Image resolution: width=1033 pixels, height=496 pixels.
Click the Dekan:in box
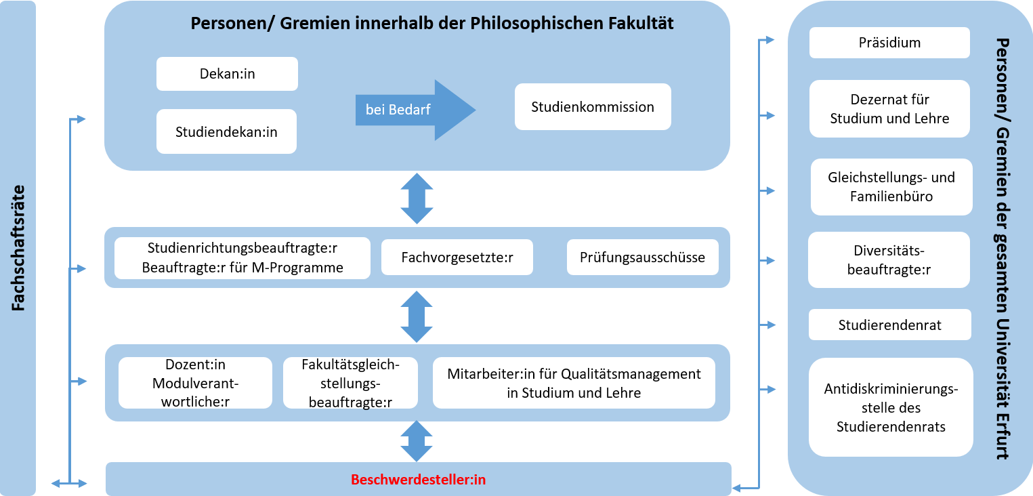coord(227,74)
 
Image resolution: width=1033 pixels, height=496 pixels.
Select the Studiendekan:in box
coord(226,131)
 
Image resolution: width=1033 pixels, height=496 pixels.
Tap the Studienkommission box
coord(593,106)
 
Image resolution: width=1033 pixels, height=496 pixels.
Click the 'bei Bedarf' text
coord(398,110)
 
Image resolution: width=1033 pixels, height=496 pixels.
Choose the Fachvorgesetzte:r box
coord(457,257)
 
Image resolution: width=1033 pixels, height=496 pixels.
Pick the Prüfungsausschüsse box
coord(642,257)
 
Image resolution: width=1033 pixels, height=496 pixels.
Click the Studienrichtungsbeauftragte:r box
coord(243,258)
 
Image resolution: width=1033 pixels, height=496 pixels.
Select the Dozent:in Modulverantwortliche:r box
coord(195,383)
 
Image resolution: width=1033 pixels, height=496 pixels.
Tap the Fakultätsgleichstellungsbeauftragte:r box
coord(351,383)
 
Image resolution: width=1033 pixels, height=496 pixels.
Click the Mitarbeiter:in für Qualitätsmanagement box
coord(574,383)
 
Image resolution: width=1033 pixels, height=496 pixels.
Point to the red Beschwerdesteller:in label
coord(418,480)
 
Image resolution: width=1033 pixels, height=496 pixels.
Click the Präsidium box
coord(889,43)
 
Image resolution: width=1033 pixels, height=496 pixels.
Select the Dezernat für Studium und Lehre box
coord(889,109)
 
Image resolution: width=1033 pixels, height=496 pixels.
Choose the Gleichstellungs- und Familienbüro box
coord(891,187)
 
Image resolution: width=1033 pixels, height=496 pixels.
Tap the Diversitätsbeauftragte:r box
coord(889,260)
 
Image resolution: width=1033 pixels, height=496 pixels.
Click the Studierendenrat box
coord(889,325)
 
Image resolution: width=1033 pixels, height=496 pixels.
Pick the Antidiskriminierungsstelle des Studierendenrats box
coord(891,407)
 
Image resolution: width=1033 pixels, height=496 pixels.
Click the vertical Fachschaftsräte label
coord(18,248)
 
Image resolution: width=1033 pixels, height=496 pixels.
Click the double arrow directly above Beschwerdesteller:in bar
coord(417,442)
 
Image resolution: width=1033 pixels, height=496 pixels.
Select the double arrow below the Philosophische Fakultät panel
coord(417,199)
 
